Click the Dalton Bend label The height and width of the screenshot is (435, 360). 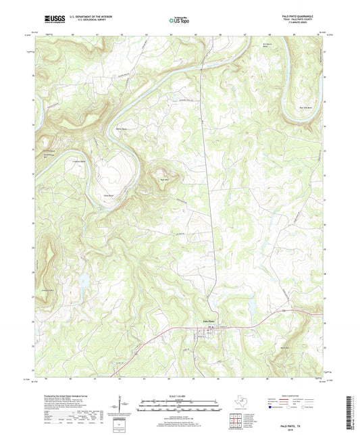[122, 129]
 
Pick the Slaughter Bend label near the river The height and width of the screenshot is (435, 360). [49, 152]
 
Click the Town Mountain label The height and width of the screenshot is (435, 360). [163, 179]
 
